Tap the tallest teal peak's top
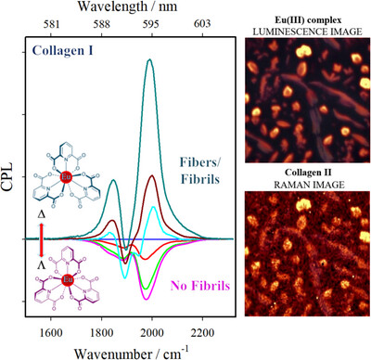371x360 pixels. tap(149, 61)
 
